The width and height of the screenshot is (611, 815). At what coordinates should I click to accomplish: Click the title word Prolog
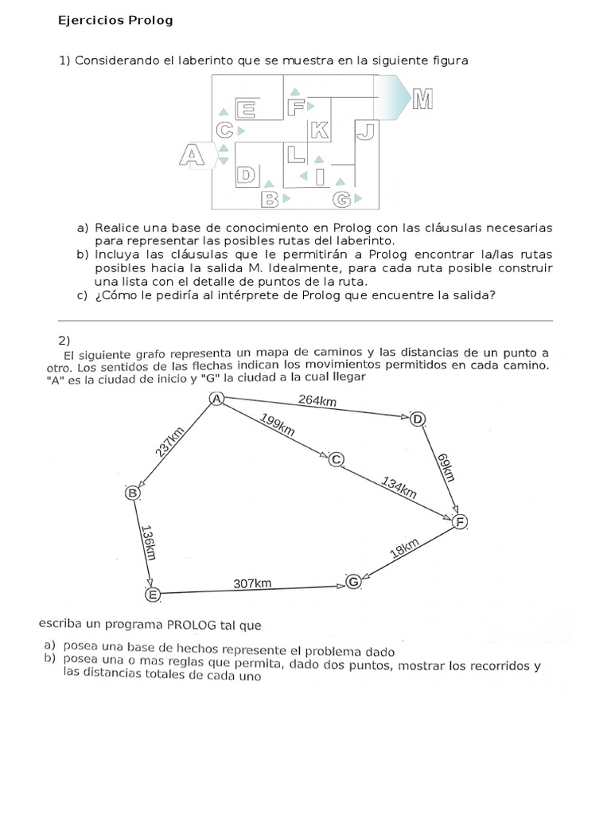point(150,21)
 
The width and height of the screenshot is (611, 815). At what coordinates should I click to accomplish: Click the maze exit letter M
point(422,99)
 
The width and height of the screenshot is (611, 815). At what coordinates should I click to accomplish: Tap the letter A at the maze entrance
point(192,155)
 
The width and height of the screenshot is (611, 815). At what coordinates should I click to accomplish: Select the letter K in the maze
point(320,130)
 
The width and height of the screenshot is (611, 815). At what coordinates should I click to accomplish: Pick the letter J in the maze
point(366,131)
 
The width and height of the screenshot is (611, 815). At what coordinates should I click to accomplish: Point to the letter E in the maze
point(245,109)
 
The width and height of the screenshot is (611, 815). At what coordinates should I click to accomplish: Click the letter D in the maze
point(246,175)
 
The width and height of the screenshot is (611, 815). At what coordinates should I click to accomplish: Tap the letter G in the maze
point(342,199)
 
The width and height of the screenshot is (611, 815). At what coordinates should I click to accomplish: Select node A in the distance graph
point(216,399)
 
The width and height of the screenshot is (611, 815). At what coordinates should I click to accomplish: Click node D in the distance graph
point(417,419)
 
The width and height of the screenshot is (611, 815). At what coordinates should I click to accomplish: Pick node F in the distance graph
point(460,521)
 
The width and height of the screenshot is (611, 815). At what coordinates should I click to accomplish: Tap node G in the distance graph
point(353,582)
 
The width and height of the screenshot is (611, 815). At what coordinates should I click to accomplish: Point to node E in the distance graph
point(152,594)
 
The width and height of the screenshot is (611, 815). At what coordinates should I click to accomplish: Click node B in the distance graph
point(133,492)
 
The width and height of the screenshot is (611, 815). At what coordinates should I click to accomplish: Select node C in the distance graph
point(337,459)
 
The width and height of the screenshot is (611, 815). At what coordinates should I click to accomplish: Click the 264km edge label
point(317,400)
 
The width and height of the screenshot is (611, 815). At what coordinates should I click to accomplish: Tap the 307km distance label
point(252,583)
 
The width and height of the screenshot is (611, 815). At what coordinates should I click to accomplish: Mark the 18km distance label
point(405,548)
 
